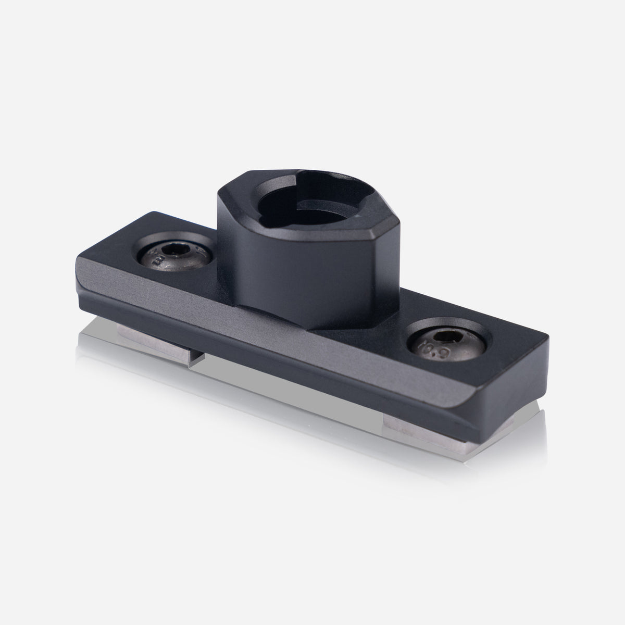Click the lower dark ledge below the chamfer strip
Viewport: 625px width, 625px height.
(x=312, y=375)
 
